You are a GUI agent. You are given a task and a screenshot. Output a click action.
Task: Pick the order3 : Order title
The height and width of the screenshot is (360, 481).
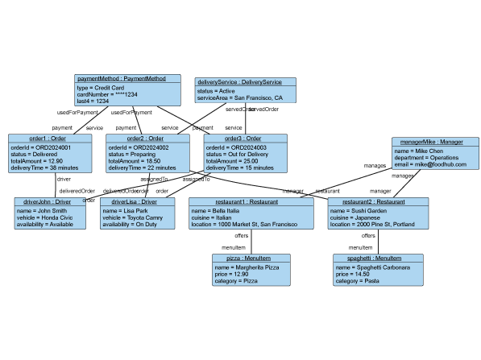click(243, 139)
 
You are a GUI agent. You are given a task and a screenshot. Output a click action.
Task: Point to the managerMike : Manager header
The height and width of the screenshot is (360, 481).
click(429, 142)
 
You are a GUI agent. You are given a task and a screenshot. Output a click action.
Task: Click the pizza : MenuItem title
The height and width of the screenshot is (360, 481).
click(251, 259)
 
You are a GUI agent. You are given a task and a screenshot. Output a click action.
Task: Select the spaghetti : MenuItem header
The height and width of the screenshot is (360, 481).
click(372, 259)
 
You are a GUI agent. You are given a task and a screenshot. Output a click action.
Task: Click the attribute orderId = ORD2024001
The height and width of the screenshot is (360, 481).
click(41, 147)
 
